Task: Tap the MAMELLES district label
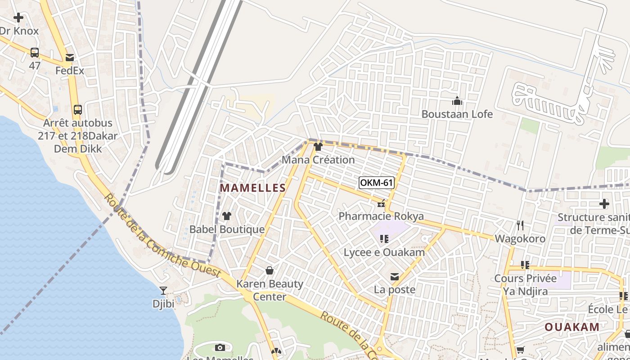pyautogui.click(x=252, y=188)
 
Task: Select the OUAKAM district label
pyautogui.click(x=572, y=327)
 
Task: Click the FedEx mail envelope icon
pyautogui.click(x=70, y=58)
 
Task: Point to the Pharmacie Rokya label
pyautogui.click(x=381, y=216)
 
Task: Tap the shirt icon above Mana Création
pyautogui.click(x=318, y=147)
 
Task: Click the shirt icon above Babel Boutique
pyautogui.click(x=227, y=216)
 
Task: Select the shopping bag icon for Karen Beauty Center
pyautogui.click(x=270, y=270)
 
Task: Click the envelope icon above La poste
pyautogui.click(x=395, y=277)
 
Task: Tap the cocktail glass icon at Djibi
pyautogui.click(x=163, y=291)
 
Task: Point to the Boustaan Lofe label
pyautogui.click(x=457, y=114)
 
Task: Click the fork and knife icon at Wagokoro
pyautogui.click(x=520, y=225)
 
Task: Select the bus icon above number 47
pyautogui.click(x=35, y=53)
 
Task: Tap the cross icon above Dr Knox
pyautogui.click(x=18, y=18)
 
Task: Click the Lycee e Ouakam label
pyautogui.click(x=384, y=252)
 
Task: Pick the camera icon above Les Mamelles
pyautogui.click(x=220, y=347)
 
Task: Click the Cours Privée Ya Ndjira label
pyautogui.click(x=525, y=285)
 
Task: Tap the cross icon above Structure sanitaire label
pyautogui.click(x=604, y=204)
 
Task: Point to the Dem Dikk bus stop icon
pyautogui.click(x=78, y=110)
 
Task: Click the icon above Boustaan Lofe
pyautogui.click(x=457, y=101)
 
